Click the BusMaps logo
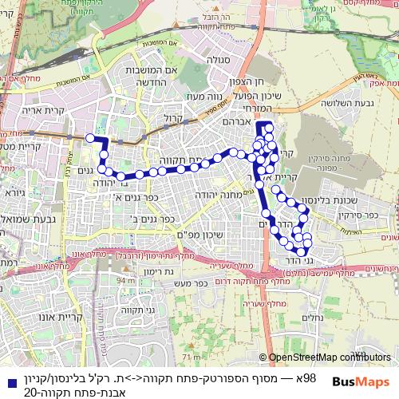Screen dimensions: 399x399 [x=361, y=381]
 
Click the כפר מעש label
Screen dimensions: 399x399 [x=189, y=282]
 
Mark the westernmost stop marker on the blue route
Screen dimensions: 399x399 [x=90, y=138]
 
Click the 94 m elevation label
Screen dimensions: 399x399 [x=125, y=281]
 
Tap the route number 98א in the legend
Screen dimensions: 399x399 [x=306, y=377]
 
